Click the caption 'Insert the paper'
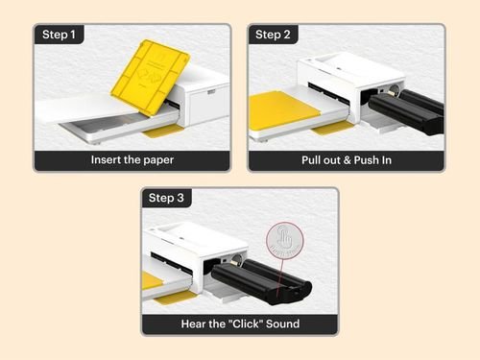click(x=132, y=160)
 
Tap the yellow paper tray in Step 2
click(x=284, y=108)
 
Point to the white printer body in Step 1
click(x=202, y=101)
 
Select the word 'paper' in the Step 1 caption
click(x=156, y=160)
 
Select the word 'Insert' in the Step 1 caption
click(x=107, y=160)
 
